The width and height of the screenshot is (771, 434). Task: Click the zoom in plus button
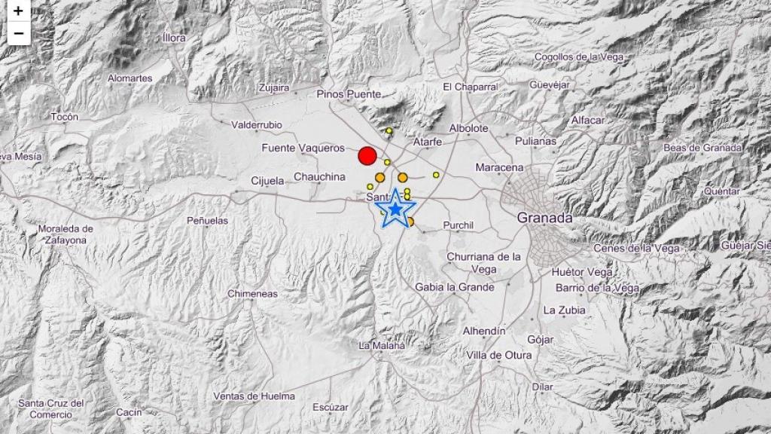pyautogui.click(x=18, y=12)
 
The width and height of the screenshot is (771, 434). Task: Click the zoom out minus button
pyautogui.click(x=18, y=34)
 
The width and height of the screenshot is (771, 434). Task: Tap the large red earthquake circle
pyautogui.click(x=367, y=156)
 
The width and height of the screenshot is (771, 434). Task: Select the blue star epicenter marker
pyautogui.click(x=395, y=209)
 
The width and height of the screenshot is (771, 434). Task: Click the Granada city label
pyautogui.click(x=544, y=218)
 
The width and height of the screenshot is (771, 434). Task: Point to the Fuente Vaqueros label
pyautogui.click(x=303, y=148)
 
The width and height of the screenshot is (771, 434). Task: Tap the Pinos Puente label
pyautogui.click(x=349, y=94)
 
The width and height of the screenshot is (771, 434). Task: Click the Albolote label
pyautogui.click(x=468, y=128)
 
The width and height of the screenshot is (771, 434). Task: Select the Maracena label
pyautogui.click(x=500, y=167)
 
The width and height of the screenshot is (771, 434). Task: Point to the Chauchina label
pyautogui.click(x=320, y=177)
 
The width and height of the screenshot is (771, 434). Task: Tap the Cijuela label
pyautogui.click(x=267, y=181)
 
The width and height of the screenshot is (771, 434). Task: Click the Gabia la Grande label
pyautogui.click(x=455, y=287)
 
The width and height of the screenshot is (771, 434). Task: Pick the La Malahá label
pyautogui.click(x=382, y=346)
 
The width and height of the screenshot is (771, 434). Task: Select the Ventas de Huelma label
pyautogui.click(x=254, y=396)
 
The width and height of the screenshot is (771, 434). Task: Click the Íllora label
pyautogui.click(x=173, y=38)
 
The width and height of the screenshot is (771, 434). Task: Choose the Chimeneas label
pyautogui.click(x=252, y=294)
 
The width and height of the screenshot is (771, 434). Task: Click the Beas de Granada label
pyautogui.click(x=702, y=148)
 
